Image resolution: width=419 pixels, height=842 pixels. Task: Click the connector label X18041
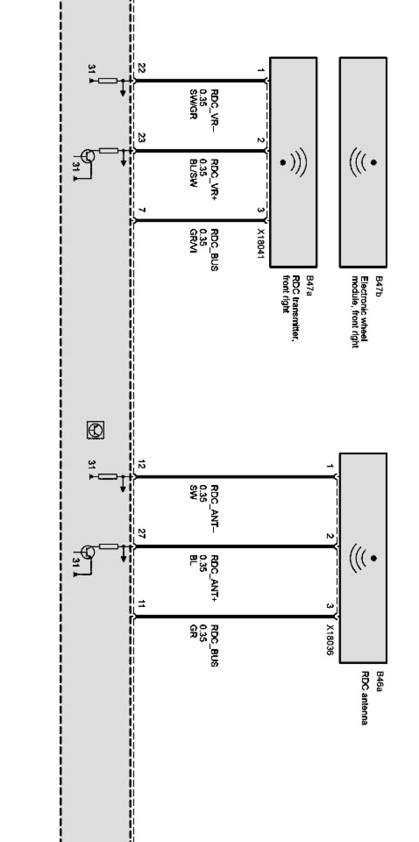click(x=261, y=244)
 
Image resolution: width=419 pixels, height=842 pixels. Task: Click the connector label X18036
click(x=330, y=639)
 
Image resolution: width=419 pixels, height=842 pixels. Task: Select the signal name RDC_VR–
click(x=214, y=110)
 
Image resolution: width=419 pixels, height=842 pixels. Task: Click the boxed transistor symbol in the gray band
click(x=95, y=430)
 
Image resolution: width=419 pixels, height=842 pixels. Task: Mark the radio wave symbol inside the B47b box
click(x=363, y=162)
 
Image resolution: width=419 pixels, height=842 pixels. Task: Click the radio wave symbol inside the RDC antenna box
click(x=363, y=558)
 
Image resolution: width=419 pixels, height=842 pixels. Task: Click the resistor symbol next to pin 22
click(x=108, y=81)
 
